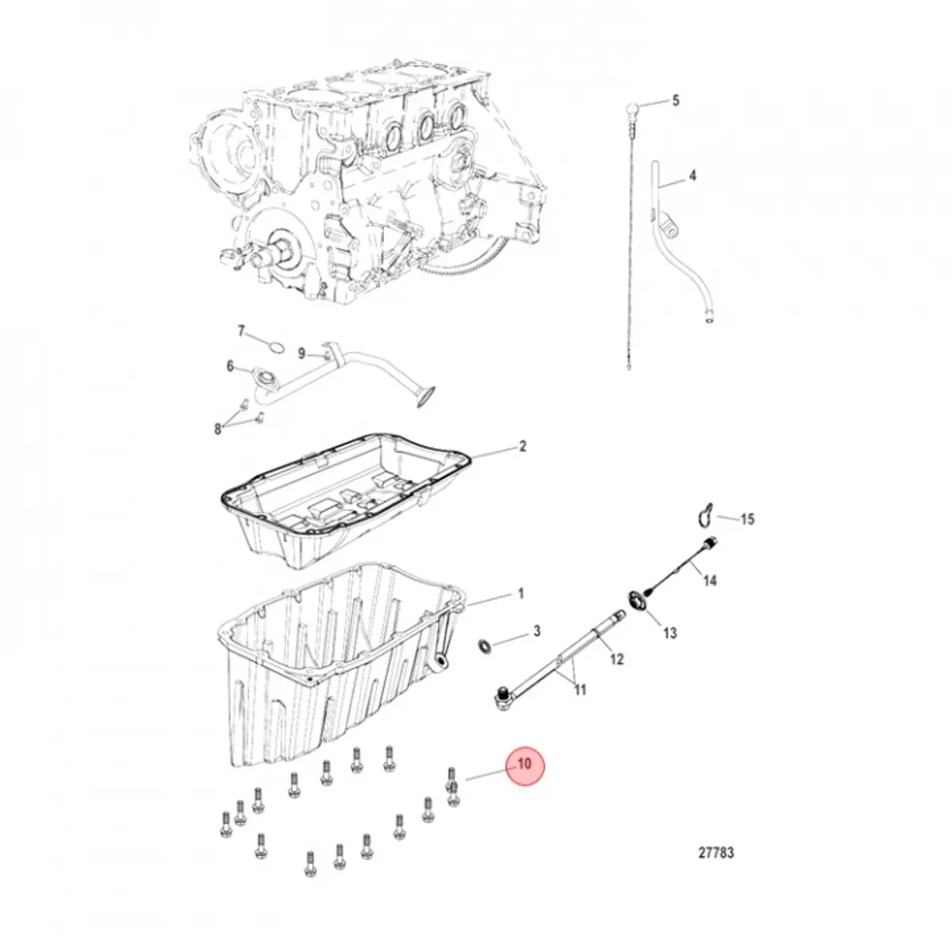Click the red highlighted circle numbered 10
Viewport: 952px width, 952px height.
click(524, 766)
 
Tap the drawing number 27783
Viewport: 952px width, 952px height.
click(716, 853)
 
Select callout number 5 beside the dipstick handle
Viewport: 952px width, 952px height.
click(676, 101)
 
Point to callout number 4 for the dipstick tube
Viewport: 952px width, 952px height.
click(692, 175)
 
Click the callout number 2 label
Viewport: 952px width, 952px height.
click(522, 447)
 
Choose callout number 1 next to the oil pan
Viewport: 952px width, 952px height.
click(520, 593)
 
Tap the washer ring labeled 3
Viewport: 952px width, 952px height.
click(485, 645)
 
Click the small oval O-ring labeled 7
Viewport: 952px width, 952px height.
click(274, 347)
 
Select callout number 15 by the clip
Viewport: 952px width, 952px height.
click(747, 520)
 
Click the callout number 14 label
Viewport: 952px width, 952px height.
click(709, 581)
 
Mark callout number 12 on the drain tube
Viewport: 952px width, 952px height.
click(616, 658)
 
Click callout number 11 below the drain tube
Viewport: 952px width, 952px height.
click(580, 690)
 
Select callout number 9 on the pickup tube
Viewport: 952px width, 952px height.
click(301, 353)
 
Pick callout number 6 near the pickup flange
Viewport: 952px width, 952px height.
click(230, 366)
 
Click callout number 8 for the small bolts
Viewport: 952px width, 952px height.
click(217, 429)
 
